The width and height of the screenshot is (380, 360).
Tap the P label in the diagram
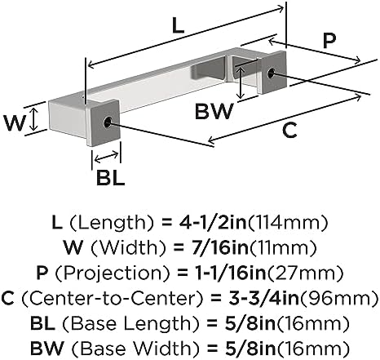coord(329,41)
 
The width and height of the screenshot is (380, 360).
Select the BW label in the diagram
coord(214,111)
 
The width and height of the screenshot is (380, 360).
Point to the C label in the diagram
coord(289,131)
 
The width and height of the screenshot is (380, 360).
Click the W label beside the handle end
coord(15,122)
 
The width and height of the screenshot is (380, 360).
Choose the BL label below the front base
coord(111,178)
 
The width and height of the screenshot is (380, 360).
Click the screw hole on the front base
coord(108,122)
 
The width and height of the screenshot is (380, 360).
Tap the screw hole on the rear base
coord(271,73)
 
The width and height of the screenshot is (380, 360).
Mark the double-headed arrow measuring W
coord(33,119)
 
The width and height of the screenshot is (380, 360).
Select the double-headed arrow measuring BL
coord(106,157)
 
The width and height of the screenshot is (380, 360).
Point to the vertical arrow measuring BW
coord(240,82)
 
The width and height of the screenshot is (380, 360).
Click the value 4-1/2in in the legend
coord(213,223)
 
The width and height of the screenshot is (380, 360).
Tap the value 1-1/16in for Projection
coord(230,273)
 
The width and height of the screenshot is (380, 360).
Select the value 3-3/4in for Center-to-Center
coord(263,298)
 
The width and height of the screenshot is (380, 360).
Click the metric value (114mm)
coord(287,223)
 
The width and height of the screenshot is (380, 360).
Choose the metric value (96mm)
coord(338,299)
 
